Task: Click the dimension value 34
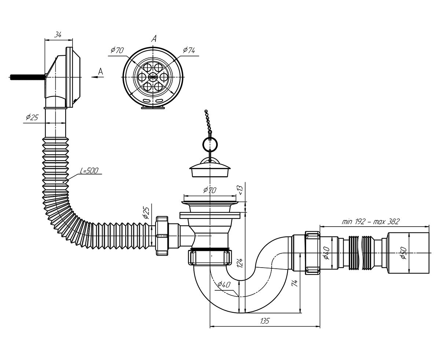point(58,34)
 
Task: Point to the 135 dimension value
point(264,321)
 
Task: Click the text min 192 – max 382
point(370,221)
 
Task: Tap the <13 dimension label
point(241,189)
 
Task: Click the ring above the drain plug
point(209,143)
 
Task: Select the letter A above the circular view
point(154,39)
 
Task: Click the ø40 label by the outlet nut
point(326,253)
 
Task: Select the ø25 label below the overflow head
point(32,118)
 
